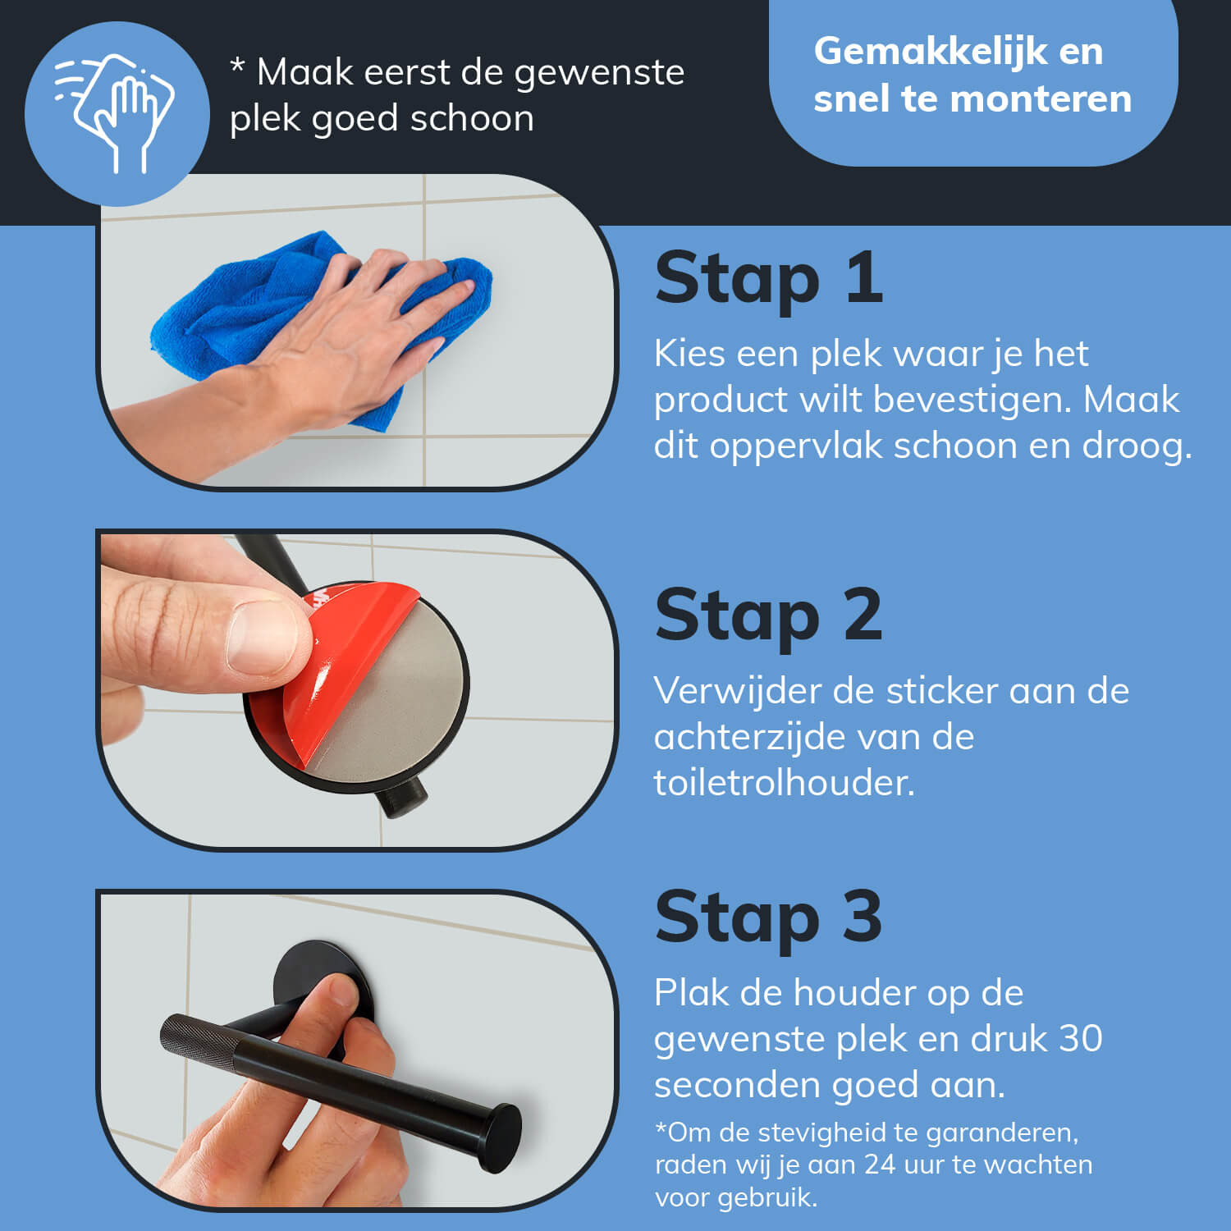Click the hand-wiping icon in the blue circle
click(x=115, y=113)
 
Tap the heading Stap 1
click(x=769, y=279)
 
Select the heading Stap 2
click(x=769, y=616)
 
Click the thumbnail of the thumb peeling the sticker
click(x=261, y=638)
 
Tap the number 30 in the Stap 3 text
click(x=1080, y=1039)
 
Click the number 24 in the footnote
click(x=880, y=1165)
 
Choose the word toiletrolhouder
click(x=784, y=783)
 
